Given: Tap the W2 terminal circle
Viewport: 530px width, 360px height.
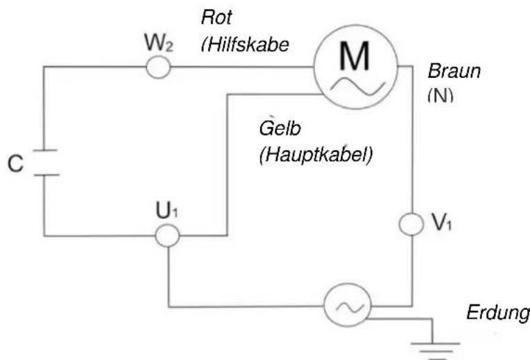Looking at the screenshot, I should click(158, 67).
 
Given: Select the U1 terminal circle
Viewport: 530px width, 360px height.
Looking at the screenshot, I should click(167, 236).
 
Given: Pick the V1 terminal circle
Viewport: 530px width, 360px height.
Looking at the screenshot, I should click(412, 224).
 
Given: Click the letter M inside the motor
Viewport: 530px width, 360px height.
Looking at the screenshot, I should click(354, 58).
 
